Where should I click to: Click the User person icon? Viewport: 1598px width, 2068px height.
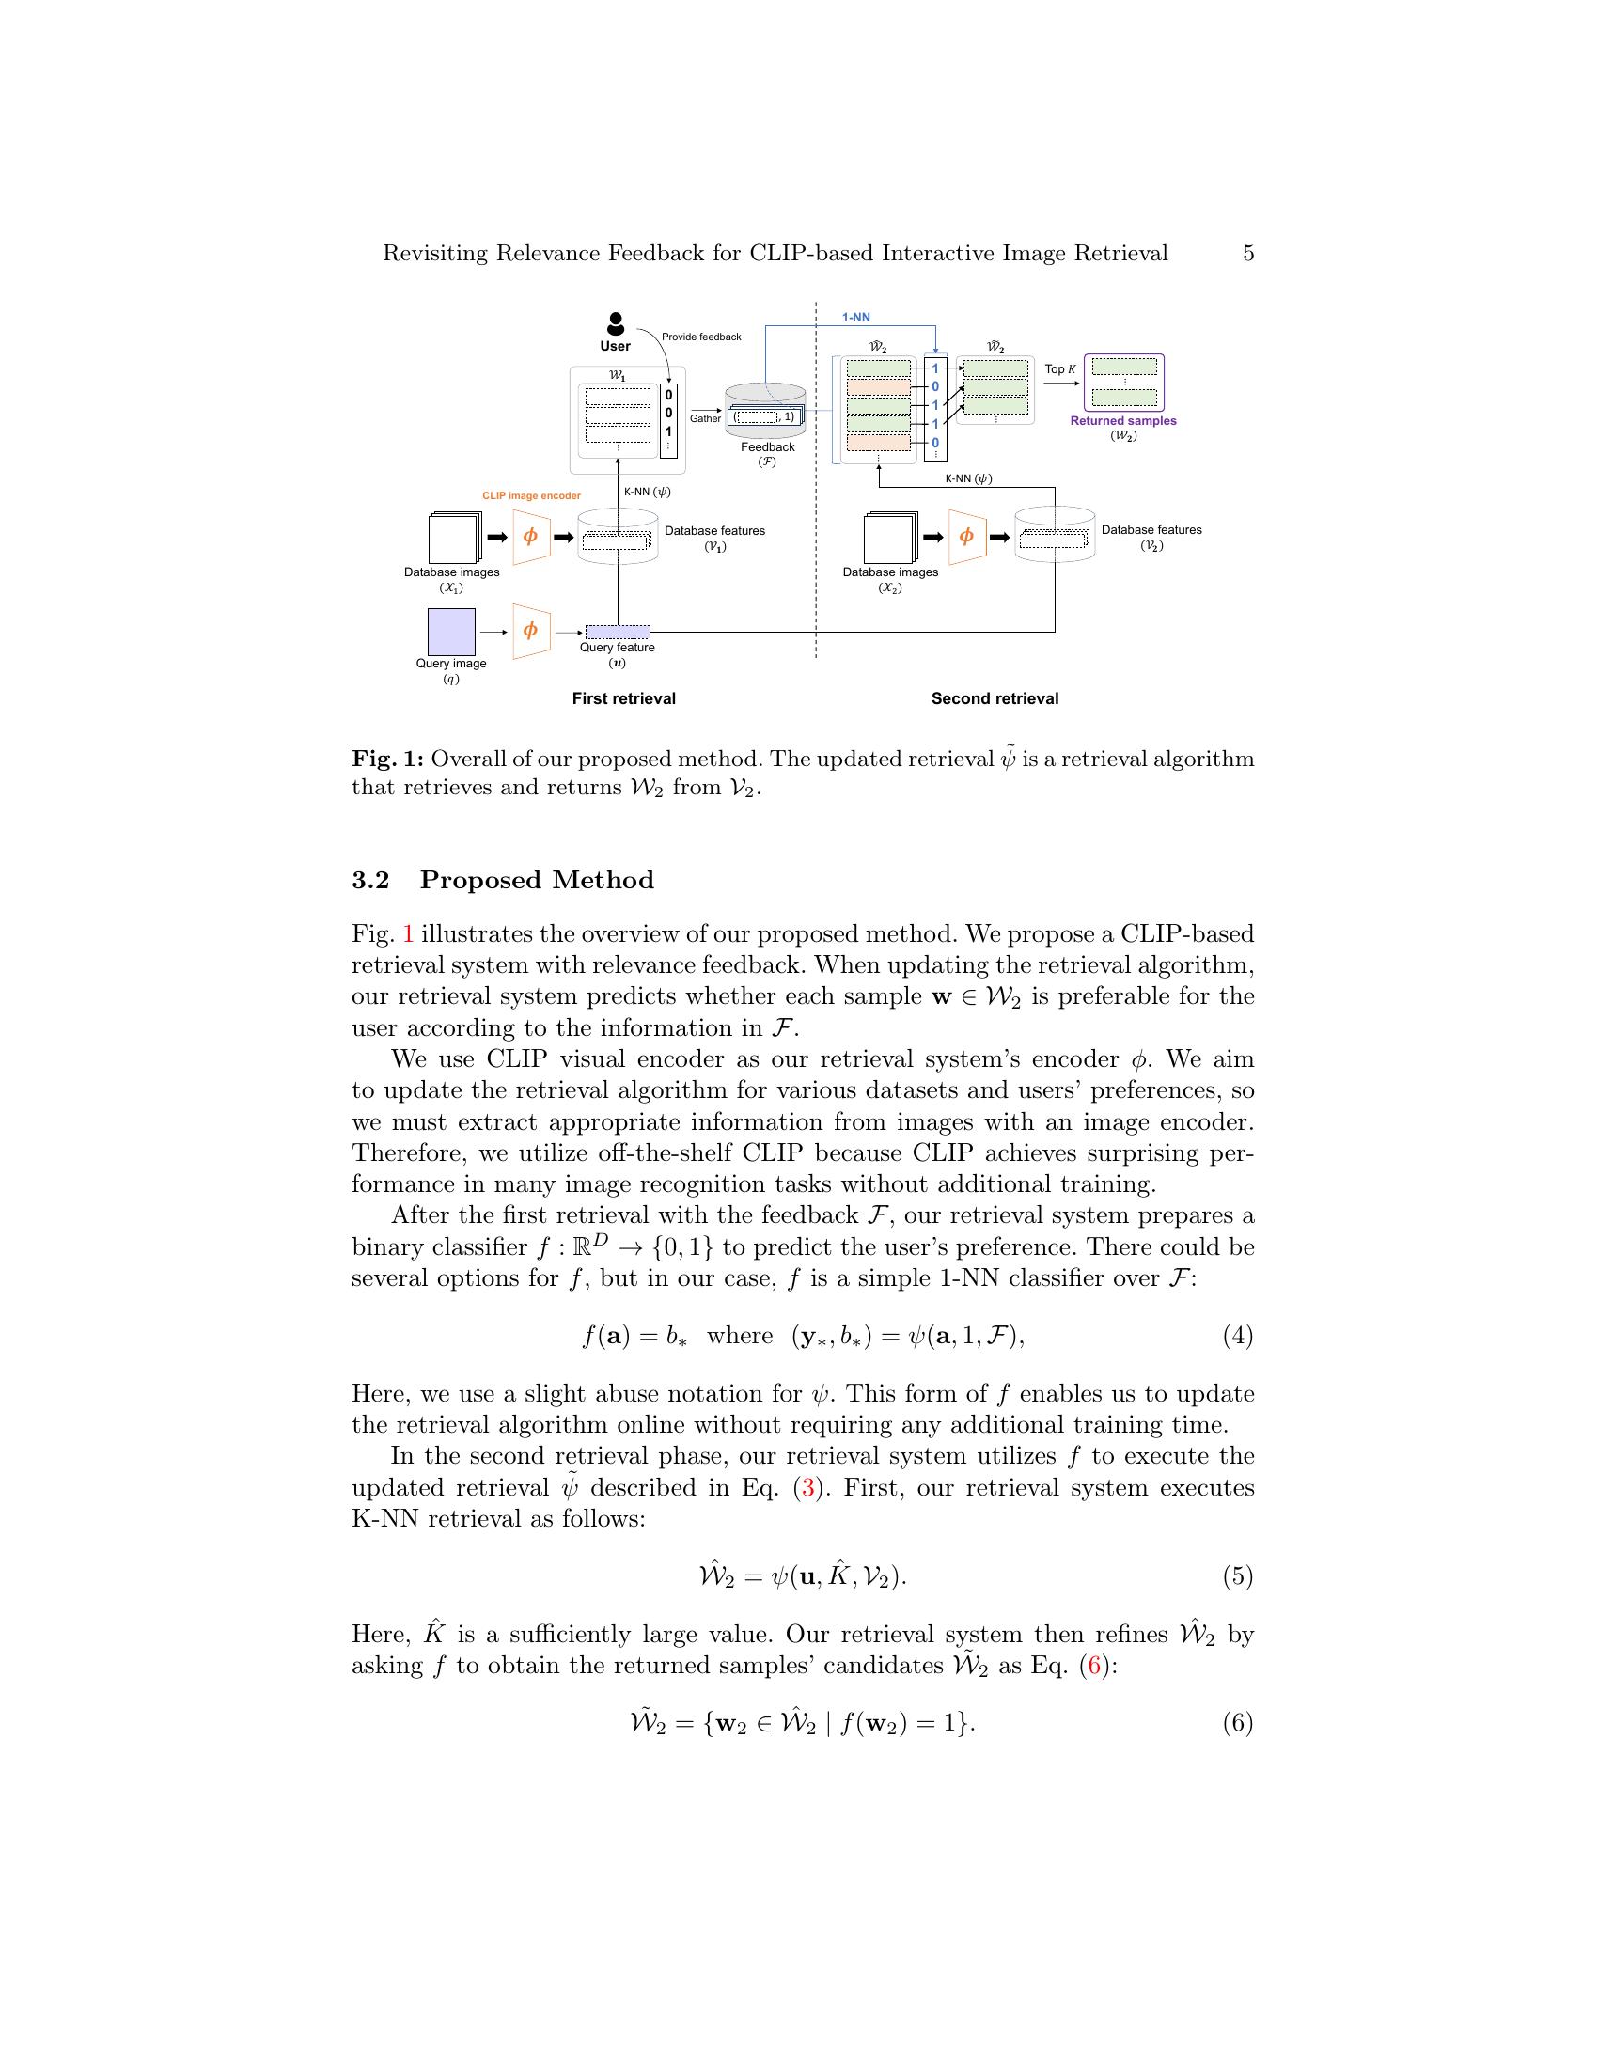[x=616, y=325]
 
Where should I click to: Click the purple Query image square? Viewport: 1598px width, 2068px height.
[x=451, y=632]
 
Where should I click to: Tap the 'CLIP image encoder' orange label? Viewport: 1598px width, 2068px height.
[x=531, y=495]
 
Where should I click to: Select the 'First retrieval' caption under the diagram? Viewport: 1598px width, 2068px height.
[x=624, y=698]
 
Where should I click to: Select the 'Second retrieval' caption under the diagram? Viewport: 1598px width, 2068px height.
[x=995, y=698]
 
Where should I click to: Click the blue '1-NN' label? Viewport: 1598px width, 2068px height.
[x=855, y=318]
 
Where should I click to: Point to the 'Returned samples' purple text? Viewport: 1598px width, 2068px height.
[x=1122, y=421]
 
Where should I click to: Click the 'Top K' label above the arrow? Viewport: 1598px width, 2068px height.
[x=1060, y=369]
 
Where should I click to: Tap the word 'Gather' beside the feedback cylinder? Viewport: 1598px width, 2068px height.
[x=705, y=418]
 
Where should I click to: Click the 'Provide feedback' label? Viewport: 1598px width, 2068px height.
[x=701, y=337]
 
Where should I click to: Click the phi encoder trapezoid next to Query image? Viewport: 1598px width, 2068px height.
[x=531, y=631]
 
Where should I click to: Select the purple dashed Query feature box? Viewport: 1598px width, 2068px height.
[x=618, y=632]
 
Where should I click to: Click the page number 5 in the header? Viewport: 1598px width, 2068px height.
[x=1247, y=253]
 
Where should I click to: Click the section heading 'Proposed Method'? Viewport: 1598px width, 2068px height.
[x=537, y=881]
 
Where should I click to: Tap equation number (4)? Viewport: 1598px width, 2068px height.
[x=1237, y=1336]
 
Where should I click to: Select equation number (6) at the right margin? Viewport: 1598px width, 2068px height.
[x=1237, y=1722]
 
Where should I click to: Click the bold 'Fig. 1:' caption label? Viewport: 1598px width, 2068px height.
[x=388, y=760]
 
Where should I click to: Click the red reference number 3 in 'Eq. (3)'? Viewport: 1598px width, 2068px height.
[x=807, y=1488]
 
